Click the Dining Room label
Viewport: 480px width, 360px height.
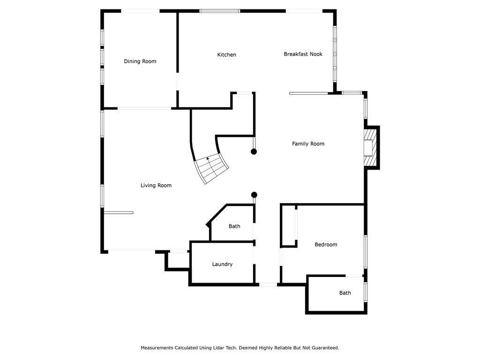[140, 61]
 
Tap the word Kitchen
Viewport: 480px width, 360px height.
[226, 55]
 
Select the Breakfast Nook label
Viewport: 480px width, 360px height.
[303, 54]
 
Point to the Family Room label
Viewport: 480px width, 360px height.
[308, 144]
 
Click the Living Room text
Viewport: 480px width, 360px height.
[156, 186]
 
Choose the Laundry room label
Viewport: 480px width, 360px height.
[222, 264]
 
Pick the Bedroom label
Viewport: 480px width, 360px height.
[326, 245]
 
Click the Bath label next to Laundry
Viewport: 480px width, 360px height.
[234, 226]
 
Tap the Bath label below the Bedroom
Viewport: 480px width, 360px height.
[345, 293]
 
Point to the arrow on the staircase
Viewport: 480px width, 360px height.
[208, 159]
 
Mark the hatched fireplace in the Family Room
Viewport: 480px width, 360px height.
[371, 148]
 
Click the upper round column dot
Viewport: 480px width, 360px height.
[254, 151]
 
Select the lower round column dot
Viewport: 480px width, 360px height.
[254, 195]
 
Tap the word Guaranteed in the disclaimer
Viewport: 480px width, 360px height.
[324, 348]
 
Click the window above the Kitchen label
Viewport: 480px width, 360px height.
[220, 11]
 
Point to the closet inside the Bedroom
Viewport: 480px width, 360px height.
[288, 225]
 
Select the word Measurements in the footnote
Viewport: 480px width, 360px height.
[157, 348]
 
